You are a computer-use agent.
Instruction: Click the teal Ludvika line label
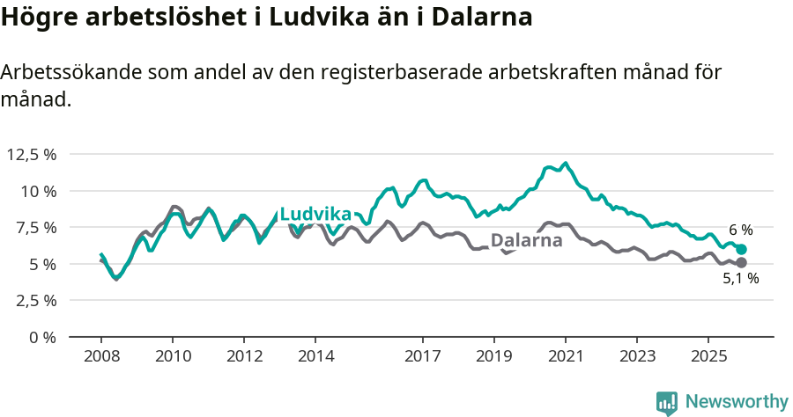315,214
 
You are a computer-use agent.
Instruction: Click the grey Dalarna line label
526,240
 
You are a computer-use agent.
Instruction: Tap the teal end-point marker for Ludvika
742,249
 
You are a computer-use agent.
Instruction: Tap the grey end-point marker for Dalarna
742,262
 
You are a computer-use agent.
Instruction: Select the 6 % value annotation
740,230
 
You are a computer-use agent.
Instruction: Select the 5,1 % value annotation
740,279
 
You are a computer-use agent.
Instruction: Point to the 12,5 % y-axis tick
32,154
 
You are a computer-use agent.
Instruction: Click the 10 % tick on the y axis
39,191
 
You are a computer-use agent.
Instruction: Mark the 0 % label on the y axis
43,337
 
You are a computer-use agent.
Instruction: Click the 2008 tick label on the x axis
101,356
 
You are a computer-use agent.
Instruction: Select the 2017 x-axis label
423,356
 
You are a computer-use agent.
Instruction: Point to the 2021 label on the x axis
565,356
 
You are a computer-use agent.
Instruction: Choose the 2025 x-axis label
708,356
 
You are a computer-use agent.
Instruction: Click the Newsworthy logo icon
667,403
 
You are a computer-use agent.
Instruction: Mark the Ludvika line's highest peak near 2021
566,163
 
